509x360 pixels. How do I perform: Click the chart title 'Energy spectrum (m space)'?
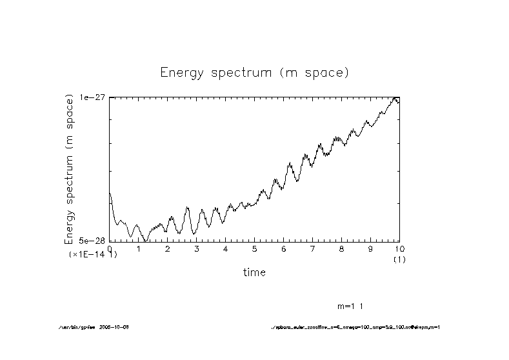tap(254, 72)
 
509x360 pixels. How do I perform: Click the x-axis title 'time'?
tap(254, 272)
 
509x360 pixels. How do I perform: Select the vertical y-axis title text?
tap(69, 169)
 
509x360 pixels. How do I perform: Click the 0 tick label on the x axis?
tap(110, 248)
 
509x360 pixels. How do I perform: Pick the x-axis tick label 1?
tap(139, 248)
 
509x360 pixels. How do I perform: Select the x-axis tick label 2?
tap(168, 248)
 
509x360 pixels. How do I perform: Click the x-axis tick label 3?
tap(197, 248)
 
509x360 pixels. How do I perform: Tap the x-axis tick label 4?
tap(226, 248)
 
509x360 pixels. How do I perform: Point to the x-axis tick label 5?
tap(255, 248)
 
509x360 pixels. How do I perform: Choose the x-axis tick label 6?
tap(284, 248)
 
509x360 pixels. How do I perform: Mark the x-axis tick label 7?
tap(313, 248)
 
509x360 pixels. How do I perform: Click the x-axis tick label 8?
tap(342, 248)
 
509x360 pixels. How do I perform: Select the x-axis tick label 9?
tap(370, 248)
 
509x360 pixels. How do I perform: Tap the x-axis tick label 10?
tap(399, 248)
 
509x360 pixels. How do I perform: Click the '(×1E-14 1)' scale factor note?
tap(93, 255)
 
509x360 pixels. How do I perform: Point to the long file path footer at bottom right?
tap(355, 327)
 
